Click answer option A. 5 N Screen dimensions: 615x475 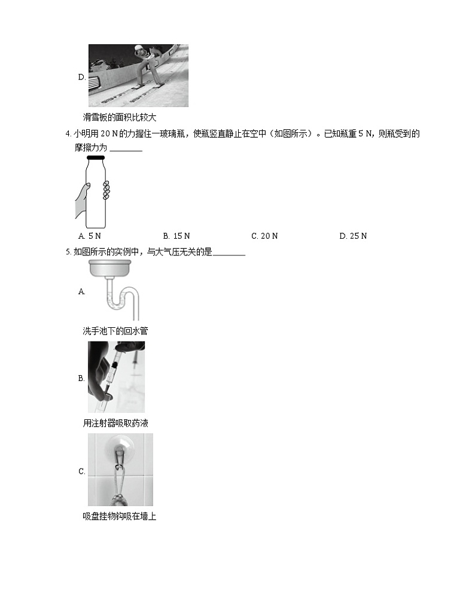(x=90, y=236)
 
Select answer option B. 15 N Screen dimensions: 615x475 (x=176, y=236)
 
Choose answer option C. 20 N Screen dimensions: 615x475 (x=264, y=236)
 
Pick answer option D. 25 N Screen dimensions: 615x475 (x=353, y=236)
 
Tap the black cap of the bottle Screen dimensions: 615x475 (x=96, y=158)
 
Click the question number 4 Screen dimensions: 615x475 (x=68, y=134)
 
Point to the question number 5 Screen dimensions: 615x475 (x=68, y=252)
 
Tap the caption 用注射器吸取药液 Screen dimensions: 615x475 (x=115, y=424)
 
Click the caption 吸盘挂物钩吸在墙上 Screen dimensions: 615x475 (x=119, y=516)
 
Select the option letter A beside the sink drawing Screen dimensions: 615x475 (x=81, y=291)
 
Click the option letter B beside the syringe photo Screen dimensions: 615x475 (x=81, y=378)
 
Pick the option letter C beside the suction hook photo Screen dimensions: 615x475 (x=81, y=471)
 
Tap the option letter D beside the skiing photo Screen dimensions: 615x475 (x=81, y=77)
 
